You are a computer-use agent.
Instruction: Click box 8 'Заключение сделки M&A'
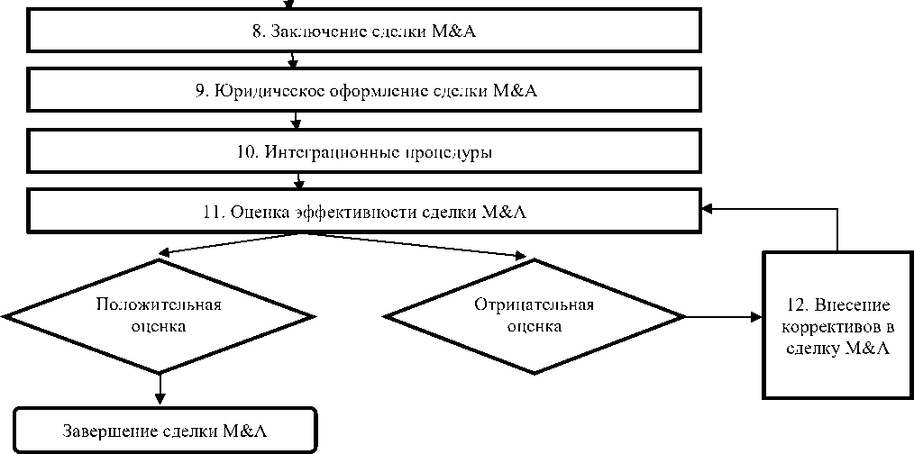(365, 32)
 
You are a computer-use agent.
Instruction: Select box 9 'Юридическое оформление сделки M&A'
(365, 90)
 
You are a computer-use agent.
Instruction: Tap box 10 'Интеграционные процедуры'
(365, 150)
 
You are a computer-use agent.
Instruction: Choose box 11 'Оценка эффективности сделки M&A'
(365, 211)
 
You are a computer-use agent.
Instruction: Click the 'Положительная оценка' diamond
(160, 315)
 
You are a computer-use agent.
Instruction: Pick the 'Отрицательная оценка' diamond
(535, 315)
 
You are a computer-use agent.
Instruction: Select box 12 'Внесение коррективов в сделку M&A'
(837, 325)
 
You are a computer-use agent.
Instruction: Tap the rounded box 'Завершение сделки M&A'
(166, 431)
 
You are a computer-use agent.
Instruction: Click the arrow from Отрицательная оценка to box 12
(721, 317)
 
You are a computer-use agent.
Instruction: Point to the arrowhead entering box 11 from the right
(708, 208)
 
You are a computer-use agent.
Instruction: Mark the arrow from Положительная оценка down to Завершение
(160, 387)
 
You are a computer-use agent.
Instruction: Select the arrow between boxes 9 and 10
(297, 120)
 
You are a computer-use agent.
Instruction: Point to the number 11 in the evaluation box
(213, 213)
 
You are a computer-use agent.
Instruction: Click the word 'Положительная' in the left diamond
(159, 304)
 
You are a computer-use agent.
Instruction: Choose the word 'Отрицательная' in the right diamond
(534, 304)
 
